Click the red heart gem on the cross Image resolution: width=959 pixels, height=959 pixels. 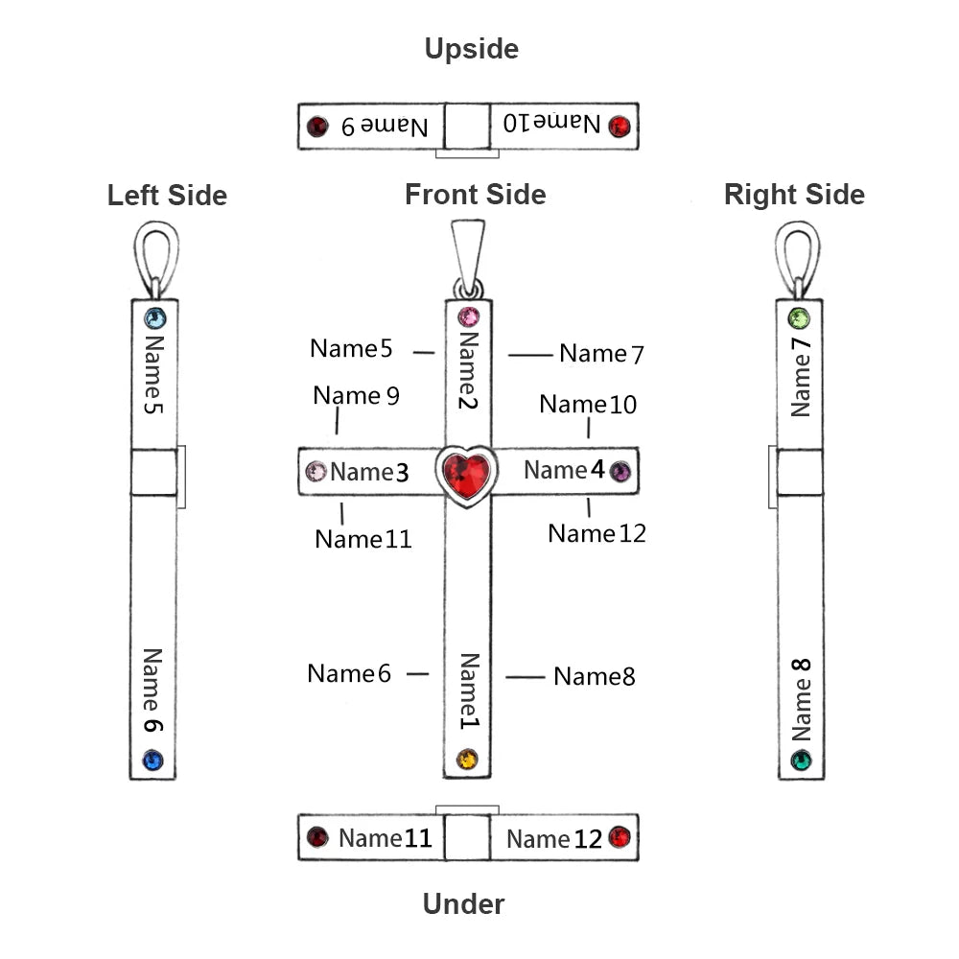coord(466,474)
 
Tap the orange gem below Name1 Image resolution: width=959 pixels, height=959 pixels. coord(467,760)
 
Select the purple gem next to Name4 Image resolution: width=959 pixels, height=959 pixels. coord(620,471)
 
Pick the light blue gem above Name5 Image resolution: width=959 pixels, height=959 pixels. coord(154,318)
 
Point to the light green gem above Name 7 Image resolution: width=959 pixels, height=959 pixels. coord(799,318)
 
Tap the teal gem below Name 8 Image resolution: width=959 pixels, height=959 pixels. coord(801,761)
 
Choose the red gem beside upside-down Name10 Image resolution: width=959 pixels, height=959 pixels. coord(620,126)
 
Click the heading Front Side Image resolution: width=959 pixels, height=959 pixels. coord(475,195)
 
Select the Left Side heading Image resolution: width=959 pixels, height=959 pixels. coord(167,196)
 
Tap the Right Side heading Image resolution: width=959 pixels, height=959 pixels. coord(794,195)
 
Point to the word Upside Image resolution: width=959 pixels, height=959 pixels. coord(471,49)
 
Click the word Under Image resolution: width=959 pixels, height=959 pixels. coord(463,903)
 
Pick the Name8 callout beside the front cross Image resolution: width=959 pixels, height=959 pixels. coord(595,676)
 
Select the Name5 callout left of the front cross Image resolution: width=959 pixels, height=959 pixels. coord(351,349)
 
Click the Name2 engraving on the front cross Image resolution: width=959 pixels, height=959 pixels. coord(467,369)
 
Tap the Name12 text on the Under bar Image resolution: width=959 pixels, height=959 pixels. coord(554,839)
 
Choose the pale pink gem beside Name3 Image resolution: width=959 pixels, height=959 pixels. coord(316,471)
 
